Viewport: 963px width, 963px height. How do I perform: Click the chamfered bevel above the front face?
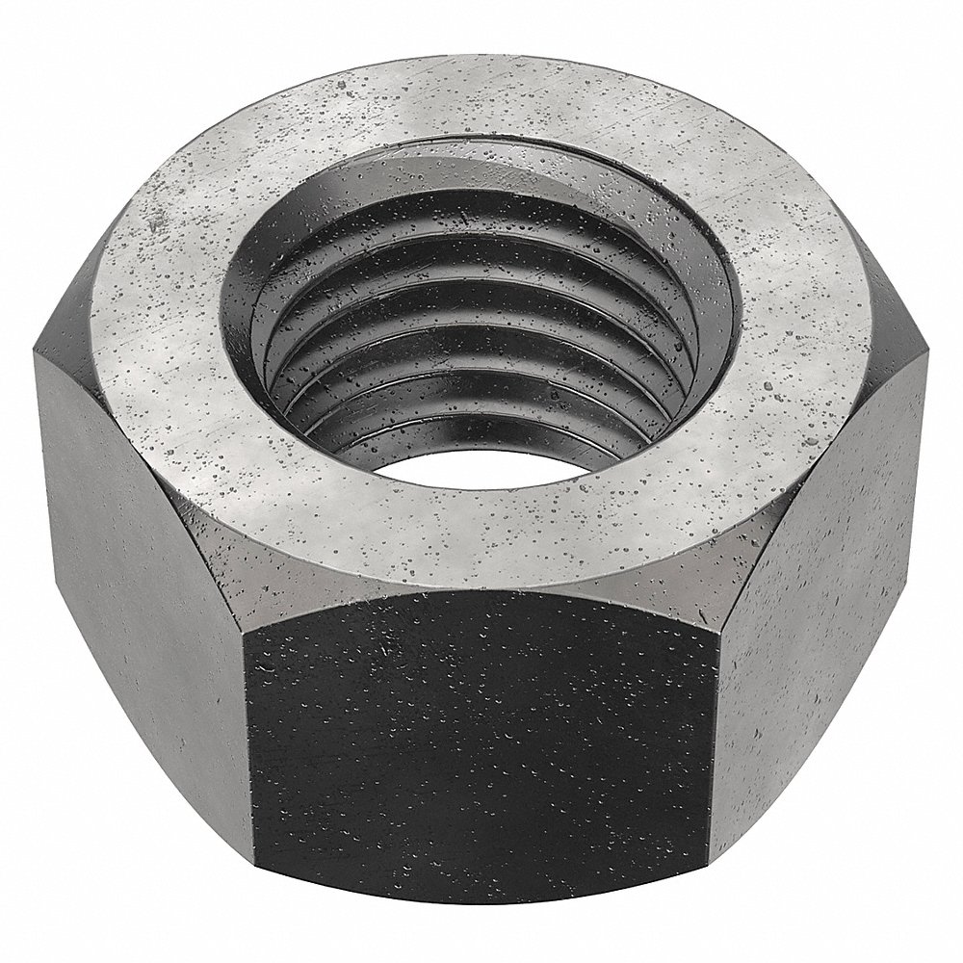[x=481, y=589]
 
